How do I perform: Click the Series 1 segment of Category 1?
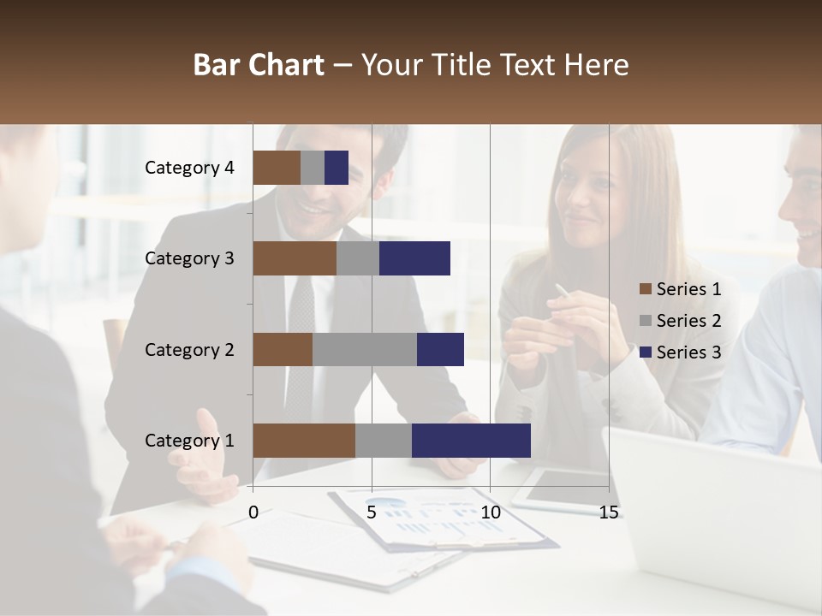[x=304, y=441]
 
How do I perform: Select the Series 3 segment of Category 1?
[x=471, y=441]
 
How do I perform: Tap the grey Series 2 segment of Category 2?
[x=365, y=349]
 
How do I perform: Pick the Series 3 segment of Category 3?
[x=414, y=258]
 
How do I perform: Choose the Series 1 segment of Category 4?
[x=277, y=168]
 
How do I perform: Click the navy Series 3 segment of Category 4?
[x=337, y=168]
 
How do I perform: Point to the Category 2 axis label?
[x=189, y=349]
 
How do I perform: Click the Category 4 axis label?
[x=189, y=168]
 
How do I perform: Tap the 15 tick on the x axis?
[x=609, y=512]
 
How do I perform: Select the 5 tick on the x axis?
[x=372, y=512]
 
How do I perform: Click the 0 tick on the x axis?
[x=253, y=512]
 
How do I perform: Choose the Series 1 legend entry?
[x=680, y=289]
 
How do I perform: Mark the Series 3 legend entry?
[x=680, y=352]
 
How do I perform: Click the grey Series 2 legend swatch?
[x=645, y=321]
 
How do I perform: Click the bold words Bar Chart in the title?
[x=259, y=65]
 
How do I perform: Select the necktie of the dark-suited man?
[x=300, y=342]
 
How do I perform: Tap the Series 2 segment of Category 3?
[x=358, y=258]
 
